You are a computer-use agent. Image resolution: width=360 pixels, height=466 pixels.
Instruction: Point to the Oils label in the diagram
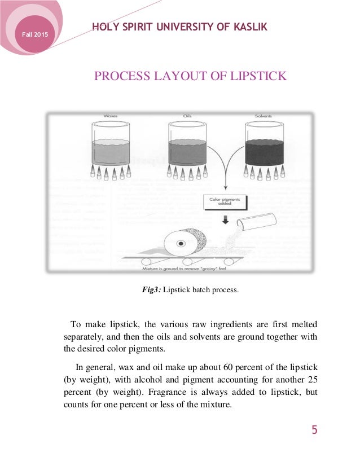pos(187,116)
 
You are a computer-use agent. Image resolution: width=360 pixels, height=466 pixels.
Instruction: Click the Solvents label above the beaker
pos(264,116)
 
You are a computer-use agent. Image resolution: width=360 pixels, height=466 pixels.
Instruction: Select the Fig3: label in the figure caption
pos(151,291)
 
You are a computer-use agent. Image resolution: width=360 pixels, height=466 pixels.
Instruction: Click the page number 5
pos(314,430)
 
